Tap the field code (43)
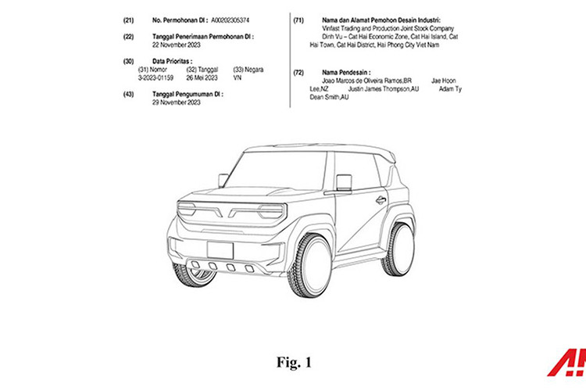pyautogui.click(x=128, y=94)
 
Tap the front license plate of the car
pyautogui.click(x=220, y=250)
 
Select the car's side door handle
pyautogui.click(x=381, y=200)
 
